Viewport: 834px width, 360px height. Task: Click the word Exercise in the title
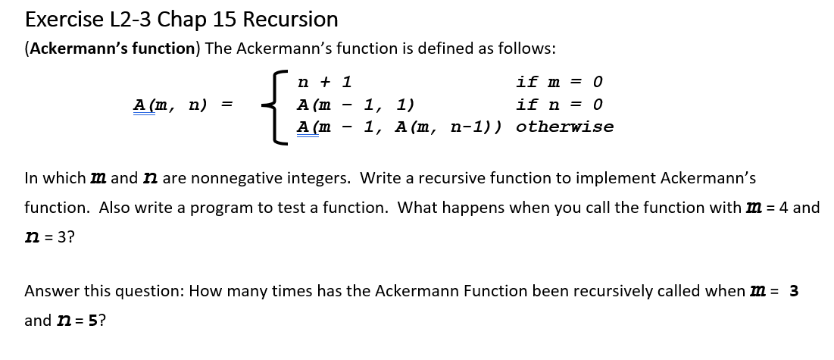(64, 20)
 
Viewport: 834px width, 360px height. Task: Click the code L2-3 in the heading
(131, 20)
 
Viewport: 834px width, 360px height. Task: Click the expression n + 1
(324, 82)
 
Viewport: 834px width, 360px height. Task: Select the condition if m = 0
(560, 82)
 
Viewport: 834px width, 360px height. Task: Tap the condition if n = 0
(560, 105)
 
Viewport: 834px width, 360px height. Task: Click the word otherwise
(565, 127)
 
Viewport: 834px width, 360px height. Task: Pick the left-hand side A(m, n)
(170, 105)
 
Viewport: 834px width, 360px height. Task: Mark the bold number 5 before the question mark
(92, 321)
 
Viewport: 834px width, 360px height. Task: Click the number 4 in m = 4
(783, 207)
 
